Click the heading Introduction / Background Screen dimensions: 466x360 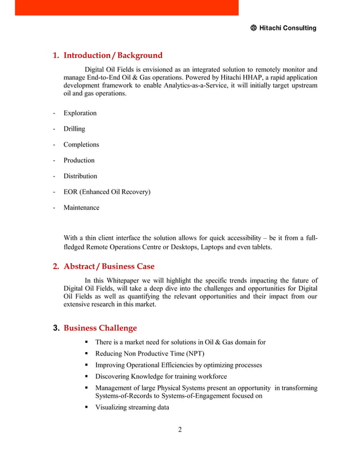113,55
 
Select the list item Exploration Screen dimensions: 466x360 80,113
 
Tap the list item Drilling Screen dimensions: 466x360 74,129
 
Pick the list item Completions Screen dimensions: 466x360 81,144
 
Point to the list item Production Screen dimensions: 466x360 79,160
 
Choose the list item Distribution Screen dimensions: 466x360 80,176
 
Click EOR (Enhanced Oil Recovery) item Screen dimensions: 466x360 107,192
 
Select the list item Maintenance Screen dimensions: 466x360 81,208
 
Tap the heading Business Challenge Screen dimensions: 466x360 100,328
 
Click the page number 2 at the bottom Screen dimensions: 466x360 180,430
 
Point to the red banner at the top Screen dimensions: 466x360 126,7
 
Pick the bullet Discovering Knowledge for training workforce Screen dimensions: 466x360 161,376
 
